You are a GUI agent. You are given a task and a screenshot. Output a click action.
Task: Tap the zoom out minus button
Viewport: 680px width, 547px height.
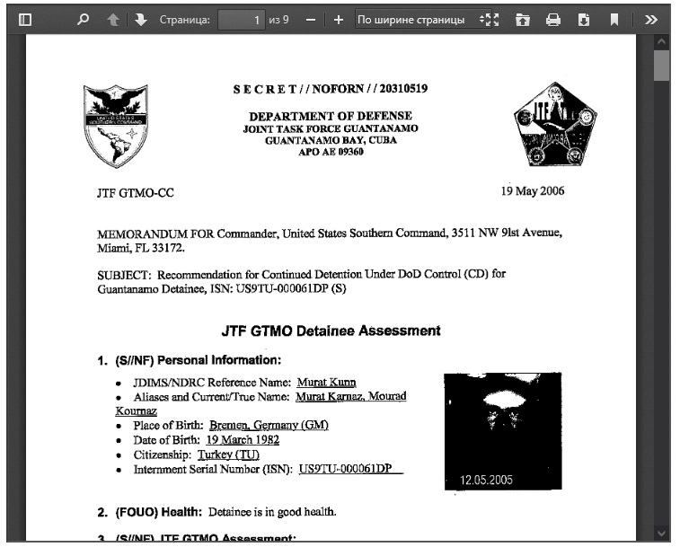[x=310, y=19]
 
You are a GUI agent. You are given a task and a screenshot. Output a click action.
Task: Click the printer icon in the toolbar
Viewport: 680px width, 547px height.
[x=553, y=19]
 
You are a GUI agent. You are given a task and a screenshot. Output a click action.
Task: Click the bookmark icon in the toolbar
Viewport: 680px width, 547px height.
[x=614, y=19]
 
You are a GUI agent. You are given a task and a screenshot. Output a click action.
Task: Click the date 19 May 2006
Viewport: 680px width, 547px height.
[x=533, y=192]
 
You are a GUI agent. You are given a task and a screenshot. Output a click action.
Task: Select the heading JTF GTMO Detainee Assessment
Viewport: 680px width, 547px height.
[x=331, y=331]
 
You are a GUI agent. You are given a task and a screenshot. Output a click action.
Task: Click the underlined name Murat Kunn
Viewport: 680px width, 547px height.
[x=325, y=383]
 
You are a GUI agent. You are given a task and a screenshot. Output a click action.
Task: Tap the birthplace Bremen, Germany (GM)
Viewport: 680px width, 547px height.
[x=269, y=425]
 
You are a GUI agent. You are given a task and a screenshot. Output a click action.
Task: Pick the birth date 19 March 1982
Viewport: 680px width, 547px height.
[x=243, y=440]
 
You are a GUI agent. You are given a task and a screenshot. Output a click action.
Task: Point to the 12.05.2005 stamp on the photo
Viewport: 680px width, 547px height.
[x=486, y=480]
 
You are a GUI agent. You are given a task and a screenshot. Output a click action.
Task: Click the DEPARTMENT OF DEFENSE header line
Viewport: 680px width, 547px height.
[x=331, y=116]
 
